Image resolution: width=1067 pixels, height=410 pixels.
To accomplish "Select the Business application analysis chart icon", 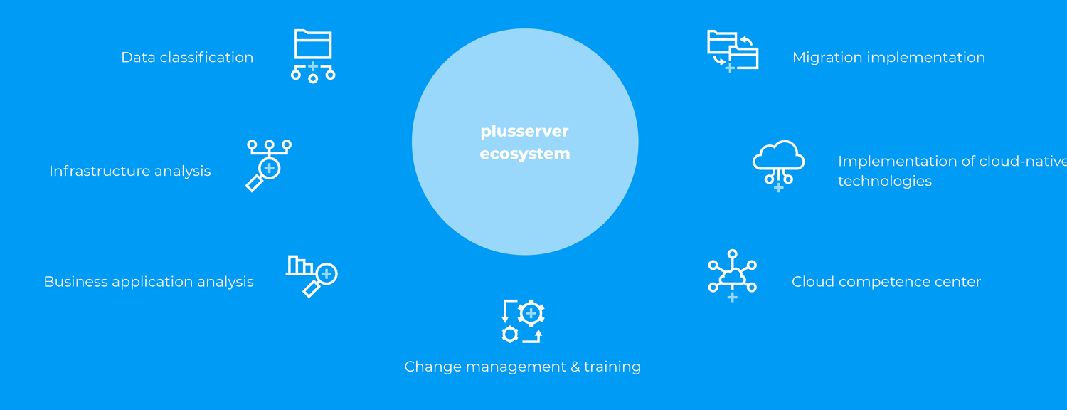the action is (312, 276).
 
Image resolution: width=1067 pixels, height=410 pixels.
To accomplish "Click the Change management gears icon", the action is (523, 321).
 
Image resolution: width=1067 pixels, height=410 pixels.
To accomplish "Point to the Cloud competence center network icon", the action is (733, 275).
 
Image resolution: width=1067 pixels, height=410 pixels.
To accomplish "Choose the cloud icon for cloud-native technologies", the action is (778, 165).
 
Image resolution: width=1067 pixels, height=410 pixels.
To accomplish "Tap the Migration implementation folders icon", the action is (733, 51).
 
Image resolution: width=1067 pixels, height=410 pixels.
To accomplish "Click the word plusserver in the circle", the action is (524, 132).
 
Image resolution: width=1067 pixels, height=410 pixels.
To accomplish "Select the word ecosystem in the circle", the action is (524, 154).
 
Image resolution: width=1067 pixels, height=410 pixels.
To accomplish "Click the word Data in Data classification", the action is (138, 57).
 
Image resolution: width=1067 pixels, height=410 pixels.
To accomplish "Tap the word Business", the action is (75, 281).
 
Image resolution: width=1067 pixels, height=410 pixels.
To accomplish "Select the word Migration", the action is (827, 57).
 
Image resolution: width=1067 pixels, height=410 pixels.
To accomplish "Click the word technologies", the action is (885, 182).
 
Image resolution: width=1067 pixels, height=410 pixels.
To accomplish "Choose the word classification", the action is (206, 57).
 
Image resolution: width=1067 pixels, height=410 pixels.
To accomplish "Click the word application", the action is (152, 282).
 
